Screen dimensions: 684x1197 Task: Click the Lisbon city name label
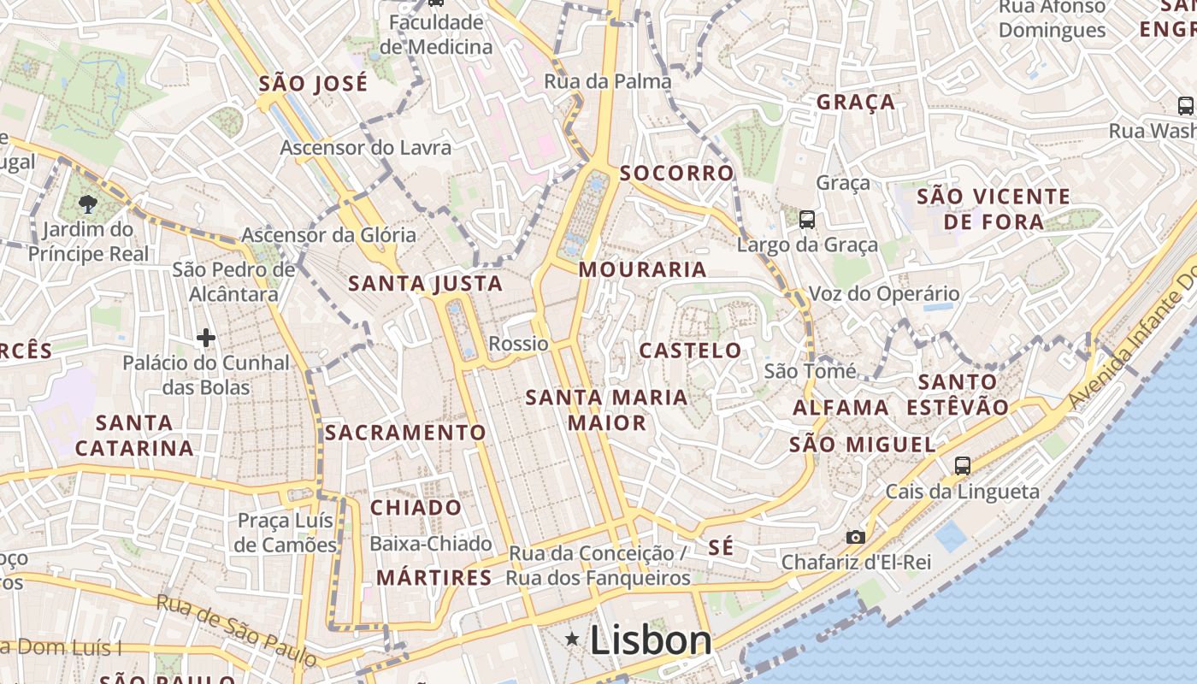[651, 640]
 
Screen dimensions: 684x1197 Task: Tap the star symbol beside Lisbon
[572, 639]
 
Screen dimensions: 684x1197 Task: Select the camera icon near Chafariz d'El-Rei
[855, 537]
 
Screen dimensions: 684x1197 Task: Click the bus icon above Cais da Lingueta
[963, 466]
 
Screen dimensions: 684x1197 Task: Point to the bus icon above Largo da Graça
[806, 220]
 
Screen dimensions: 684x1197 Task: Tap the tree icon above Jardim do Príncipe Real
[87, 203]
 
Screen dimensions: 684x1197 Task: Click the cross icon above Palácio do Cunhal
[206, 338]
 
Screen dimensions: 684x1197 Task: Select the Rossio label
[518, 344]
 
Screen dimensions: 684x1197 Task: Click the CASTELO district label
[691, 351]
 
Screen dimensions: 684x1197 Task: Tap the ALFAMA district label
[841, 408]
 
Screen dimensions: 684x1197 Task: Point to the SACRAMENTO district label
[405, 433]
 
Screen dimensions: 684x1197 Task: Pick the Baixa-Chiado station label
[431, 544]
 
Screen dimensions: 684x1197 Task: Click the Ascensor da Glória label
[329, 234]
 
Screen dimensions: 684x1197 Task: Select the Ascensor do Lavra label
[366, 148]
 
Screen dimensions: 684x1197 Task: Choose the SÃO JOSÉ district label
[313, 84]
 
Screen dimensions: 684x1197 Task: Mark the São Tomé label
[810, 371]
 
